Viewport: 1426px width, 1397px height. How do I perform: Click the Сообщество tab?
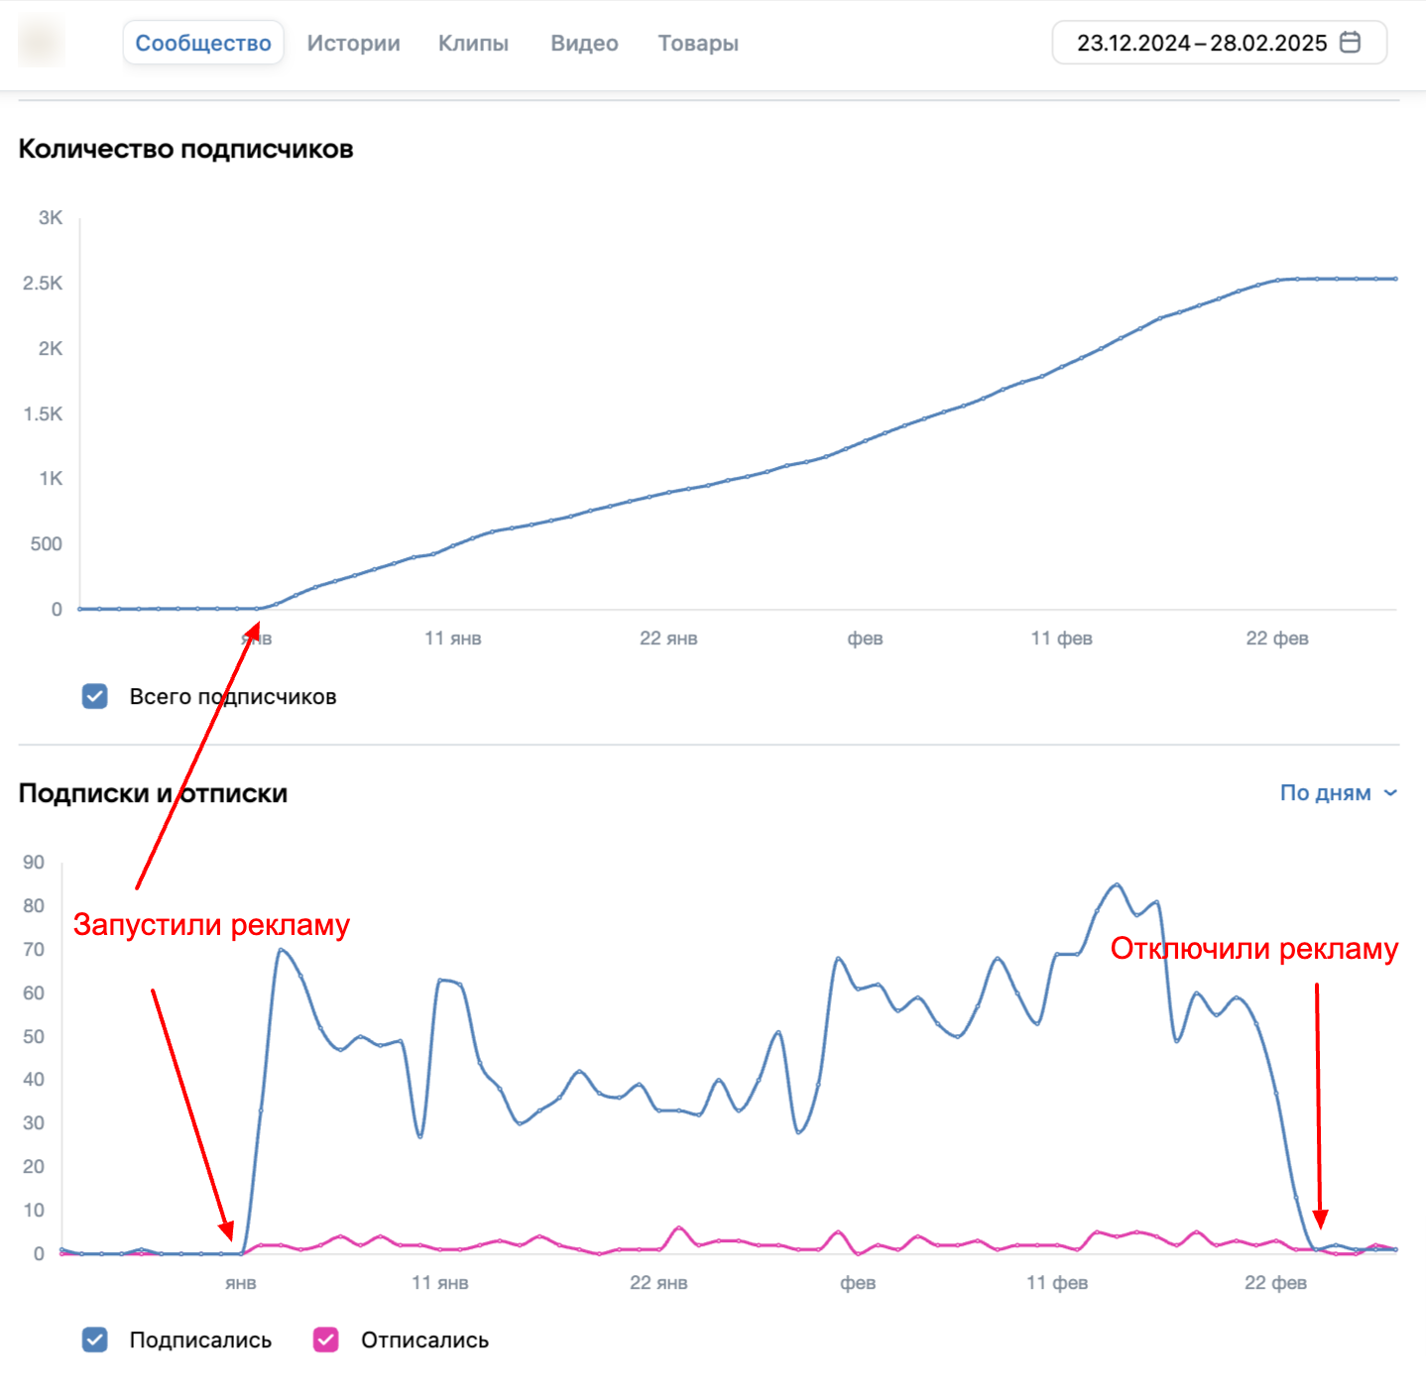click(x=202, y=43)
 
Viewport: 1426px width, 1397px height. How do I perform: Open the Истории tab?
click(x=354, y=43)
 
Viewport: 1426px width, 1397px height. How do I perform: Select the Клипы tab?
click(x=474, y=43)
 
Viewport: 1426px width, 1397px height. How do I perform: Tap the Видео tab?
click(x=585, y=43)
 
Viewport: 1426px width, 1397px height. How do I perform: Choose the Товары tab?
click(x=698, y=43)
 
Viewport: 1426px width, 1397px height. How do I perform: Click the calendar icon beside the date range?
click(x=1350, y=43)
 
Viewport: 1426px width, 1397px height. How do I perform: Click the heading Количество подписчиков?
click(x=185, y=149)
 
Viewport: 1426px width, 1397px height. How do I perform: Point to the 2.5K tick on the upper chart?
click(x=43, y=284)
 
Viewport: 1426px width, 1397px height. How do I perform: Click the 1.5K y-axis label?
click(x=43, y=414)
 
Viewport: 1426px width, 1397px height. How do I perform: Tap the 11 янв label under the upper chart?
click(x=453, y=638)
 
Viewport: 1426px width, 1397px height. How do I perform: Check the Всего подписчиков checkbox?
click(x=95, y=696)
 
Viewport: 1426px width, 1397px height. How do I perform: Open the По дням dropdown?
click(x=1339, y=793)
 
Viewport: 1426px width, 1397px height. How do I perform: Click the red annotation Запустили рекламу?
click(x=211, y=925)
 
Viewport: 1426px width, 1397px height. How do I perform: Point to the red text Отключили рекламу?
click(x=1254, y=949)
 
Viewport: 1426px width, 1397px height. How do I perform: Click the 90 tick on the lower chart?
click(x=34, y=862)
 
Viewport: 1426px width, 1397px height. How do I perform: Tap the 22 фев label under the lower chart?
click(x=1276, y=1282)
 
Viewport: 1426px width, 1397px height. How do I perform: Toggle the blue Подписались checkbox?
click(x=95, y=1340)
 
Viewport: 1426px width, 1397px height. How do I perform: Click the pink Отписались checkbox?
click(x=325, y=1340)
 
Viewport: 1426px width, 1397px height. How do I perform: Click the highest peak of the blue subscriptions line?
click(x=1118, y=884)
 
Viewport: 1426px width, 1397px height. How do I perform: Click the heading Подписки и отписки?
click(x=153, y=793)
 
